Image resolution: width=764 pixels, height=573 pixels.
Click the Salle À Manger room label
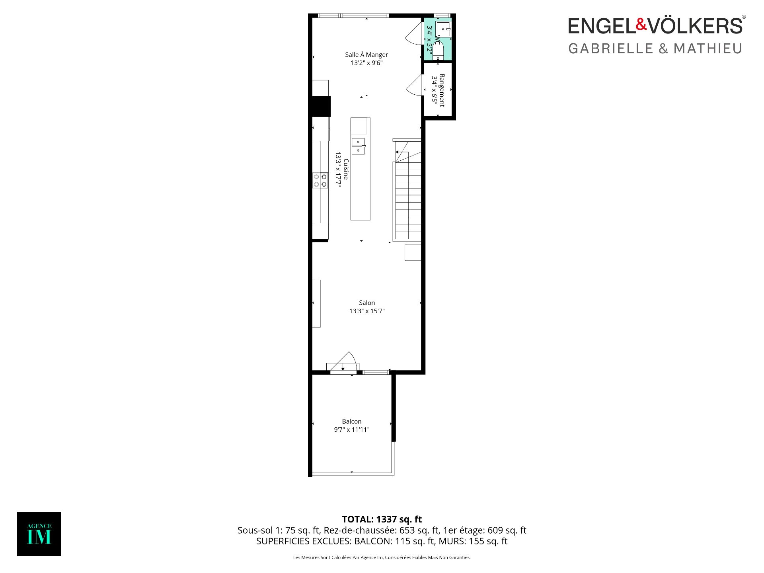(366, 55)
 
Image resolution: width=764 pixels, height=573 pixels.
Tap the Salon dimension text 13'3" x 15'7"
(367, 311)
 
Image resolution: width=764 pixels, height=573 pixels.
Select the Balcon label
(352, 421)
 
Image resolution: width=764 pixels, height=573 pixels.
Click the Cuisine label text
(346, 169)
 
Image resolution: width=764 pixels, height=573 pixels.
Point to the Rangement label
(442, 90)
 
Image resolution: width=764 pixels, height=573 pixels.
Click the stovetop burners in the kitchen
(320, 180)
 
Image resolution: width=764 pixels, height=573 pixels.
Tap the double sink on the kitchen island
(358, 146)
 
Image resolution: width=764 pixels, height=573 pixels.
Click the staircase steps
(407, 201)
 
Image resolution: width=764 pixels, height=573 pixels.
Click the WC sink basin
(443, 29)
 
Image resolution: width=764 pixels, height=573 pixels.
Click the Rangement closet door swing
(415, 85)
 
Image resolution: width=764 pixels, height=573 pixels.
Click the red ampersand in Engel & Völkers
(641, 24)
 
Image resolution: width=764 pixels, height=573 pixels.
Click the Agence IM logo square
(39, 534)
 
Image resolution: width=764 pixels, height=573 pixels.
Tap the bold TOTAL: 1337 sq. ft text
(382, 519)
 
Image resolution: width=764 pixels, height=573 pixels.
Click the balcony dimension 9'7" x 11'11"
(352, 430)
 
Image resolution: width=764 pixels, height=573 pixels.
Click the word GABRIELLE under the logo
(611, 49)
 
